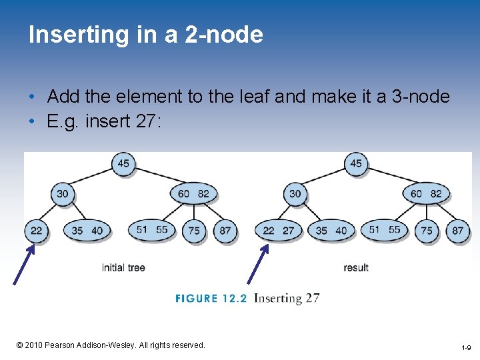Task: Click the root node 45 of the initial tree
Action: coord(123,164)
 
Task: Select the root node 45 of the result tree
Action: coord(356,164)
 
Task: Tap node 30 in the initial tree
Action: coord(62,194)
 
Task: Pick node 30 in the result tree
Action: coord(295,194)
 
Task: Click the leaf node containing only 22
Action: coord(36,231)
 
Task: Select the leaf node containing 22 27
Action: coord(278,231)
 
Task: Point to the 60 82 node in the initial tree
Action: coord(193,194)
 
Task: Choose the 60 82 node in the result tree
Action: coord(426,194)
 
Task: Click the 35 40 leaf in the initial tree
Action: coord(87,231)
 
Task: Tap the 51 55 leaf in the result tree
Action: coord(385,230)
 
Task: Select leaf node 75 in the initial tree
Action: coord(194,231)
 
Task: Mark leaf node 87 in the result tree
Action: coord(458,231)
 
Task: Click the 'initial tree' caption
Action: coord(123,267)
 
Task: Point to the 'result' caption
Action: coord(356,267)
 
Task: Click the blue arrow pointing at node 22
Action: coord(23,264)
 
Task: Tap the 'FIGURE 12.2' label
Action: coord(211,298)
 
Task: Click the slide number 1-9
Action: coord(466,348)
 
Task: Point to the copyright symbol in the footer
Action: coord(20,345)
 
